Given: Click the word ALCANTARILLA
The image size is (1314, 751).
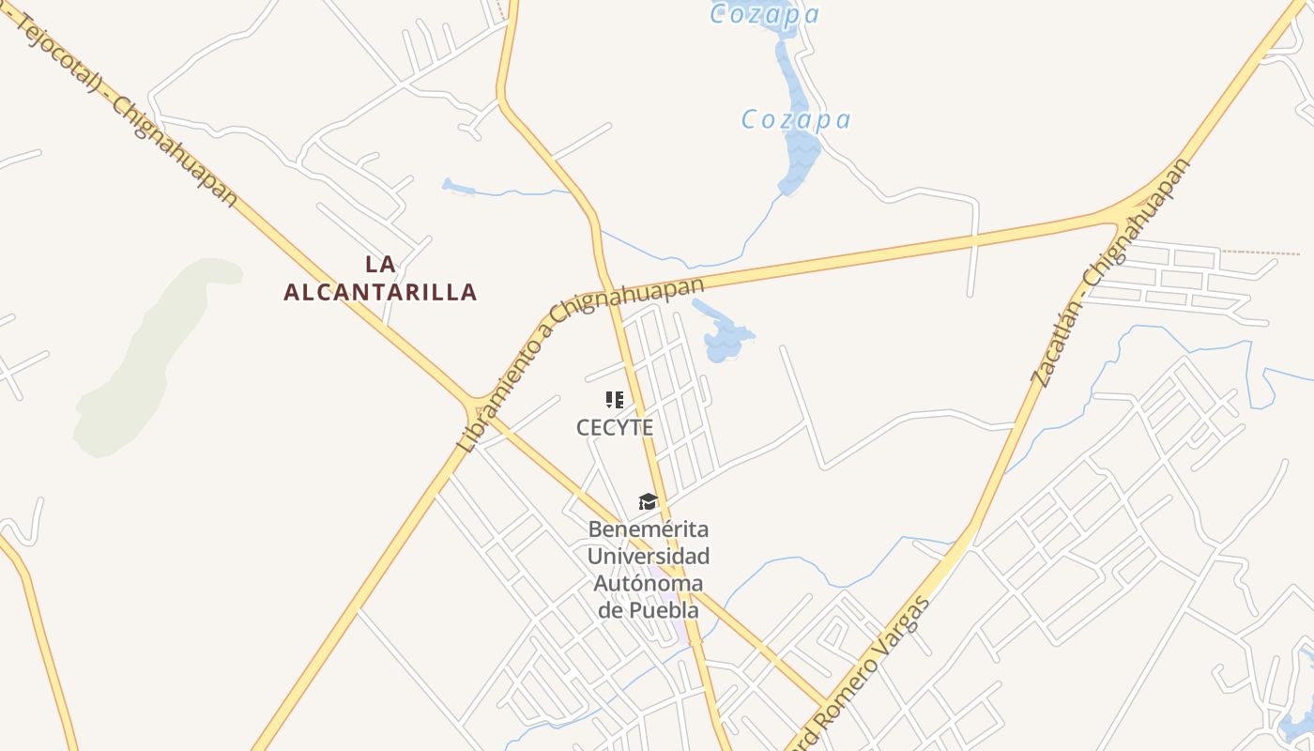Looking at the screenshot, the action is point(380,292).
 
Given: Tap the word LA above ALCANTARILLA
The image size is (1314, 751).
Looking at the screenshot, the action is point(380,264).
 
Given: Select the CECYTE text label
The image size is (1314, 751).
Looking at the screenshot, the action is point(615,427).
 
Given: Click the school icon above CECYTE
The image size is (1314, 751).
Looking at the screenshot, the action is point(615,400).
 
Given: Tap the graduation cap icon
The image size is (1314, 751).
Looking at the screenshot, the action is point(648,501).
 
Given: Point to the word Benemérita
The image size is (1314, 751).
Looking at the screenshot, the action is point(649,529).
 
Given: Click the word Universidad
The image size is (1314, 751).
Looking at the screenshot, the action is point(649,556).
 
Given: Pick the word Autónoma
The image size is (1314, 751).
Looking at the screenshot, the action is point(649,583).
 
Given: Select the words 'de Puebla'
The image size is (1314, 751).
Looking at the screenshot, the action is point(649,610).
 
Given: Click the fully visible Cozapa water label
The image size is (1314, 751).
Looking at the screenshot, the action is point(796,120).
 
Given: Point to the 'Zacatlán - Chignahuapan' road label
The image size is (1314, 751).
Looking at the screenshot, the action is point(1111,272).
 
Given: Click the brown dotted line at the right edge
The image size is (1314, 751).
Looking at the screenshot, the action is point(1262,252).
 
